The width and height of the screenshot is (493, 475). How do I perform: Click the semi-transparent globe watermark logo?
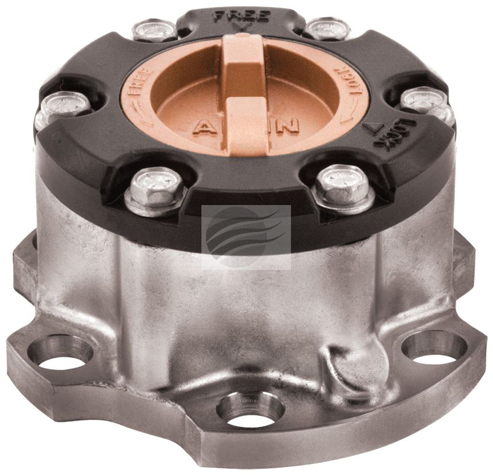click(246, 237)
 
